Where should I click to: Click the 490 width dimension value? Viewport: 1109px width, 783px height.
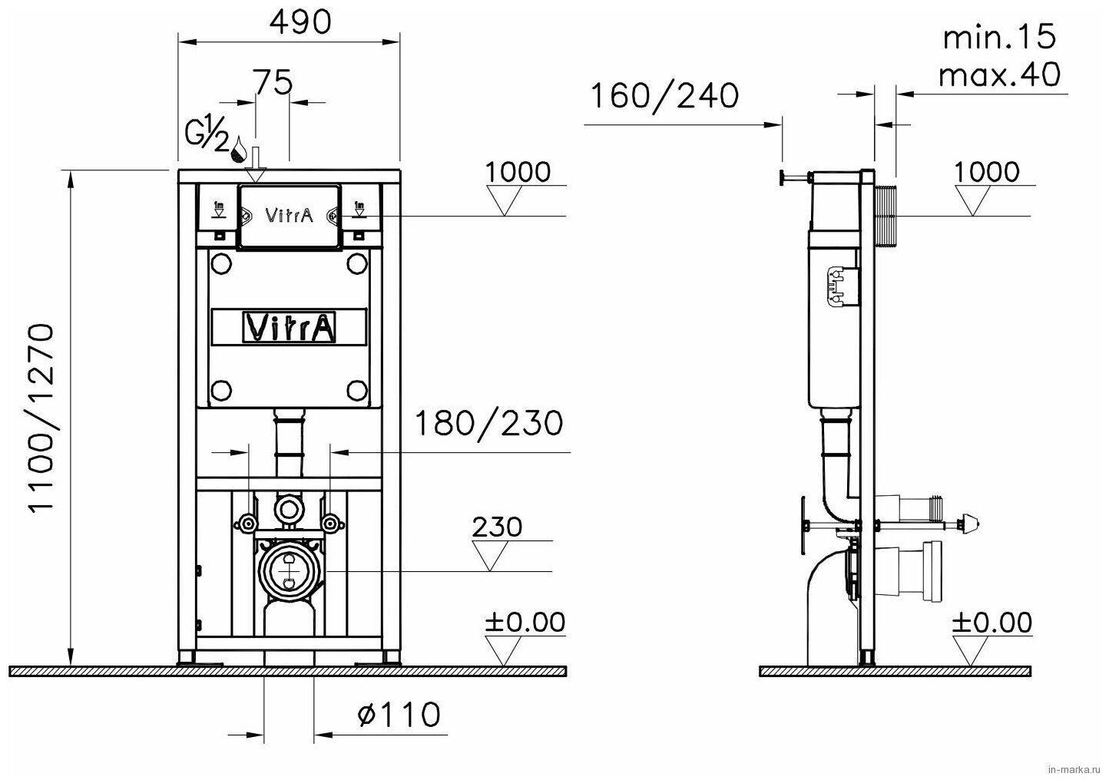tap(300, 21)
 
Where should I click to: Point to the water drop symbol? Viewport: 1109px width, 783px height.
tap(240, 149)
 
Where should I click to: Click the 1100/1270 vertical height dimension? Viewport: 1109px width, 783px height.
tap(40, 418)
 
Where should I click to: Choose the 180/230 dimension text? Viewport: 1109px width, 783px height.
tap(488, 424)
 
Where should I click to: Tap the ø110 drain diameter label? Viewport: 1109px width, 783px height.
tap(399, 714)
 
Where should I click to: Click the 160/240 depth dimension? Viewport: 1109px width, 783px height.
tap(665, 96)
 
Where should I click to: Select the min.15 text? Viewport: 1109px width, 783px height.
tap(999, 37)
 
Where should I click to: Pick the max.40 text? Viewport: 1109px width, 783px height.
tap(999, 75)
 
